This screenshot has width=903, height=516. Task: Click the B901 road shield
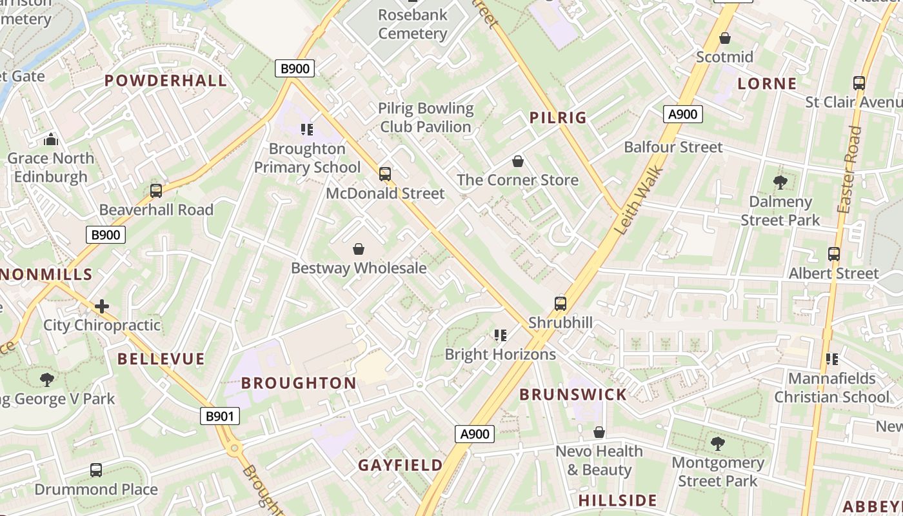coord(219,417)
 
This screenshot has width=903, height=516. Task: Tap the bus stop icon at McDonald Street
coord(385,174)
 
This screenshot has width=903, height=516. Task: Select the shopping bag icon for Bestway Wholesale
coord(359,249)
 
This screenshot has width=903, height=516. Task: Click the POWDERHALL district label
coord(166,81)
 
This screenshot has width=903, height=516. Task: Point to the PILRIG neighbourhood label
coord(558,117)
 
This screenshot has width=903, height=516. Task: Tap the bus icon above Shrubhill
coord(561,303)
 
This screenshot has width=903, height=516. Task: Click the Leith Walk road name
coord(639,199)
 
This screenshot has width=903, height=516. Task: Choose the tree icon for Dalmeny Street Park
coord(780,183)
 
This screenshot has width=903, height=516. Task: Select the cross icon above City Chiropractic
coord(102,306)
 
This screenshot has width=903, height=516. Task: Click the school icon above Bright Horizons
coord(500,335)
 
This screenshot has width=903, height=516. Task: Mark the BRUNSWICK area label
coord(573,395)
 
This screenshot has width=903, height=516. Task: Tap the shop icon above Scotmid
coord(725,38)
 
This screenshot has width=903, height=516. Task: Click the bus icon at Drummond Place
coord(96,470)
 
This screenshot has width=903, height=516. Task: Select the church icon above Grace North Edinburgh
coord(51,139)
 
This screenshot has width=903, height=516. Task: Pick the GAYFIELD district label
coord(401,465)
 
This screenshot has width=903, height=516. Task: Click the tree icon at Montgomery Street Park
coord(717,444)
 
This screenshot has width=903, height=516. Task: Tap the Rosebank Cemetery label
coord(413,24)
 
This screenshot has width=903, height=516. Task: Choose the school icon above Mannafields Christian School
coord(831,359)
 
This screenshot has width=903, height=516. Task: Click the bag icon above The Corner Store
coord(517,161)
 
